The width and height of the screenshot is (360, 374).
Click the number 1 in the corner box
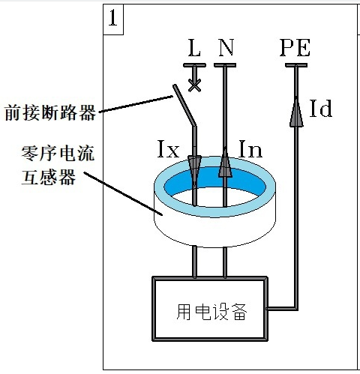(x=113, y=18)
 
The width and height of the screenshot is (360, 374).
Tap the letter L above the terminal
(x=194, y=47)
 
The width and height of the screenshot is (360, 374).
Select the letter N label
(x=226, y=47)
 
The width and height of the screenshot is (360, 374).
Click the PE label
(x=295, y=47)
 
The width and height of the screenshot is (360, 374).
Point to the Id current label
(x=321, y=108)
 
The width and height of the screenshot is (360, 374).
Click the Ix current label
(x=168, y=148)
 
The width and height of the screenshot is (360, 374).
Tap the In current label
(x=250, y=148)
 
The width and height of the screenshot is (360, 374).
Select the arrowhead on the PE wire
(x=296, y=112)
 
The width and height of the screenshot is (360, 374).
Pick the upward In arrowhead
(x=225, y=162)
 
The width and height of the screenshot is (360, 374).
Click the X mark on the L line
(x=194, y=85)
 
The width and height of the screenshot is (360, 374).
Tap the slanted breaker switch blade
(x=184, y=105)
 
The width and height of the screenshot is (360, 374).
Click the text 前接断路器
(x=50, y=113)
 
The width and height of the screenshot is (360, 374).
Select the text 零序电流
(x=58, y=153)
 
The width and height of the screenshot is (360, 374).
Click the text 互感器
(x=49, y=177)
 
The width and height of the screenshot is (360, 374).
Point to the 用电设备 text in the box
(x=211, y=312)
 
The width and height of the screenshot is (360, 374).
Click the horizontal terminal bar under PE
(x=296, y=65)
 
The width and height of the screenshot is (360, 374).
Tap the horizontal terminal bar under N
(x=225, y=65)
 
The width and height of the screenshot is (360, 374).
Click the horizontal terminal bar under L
(x=194, y=65)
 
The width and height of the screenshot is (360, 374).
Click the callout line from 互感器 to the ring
(x=123, y=193)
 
